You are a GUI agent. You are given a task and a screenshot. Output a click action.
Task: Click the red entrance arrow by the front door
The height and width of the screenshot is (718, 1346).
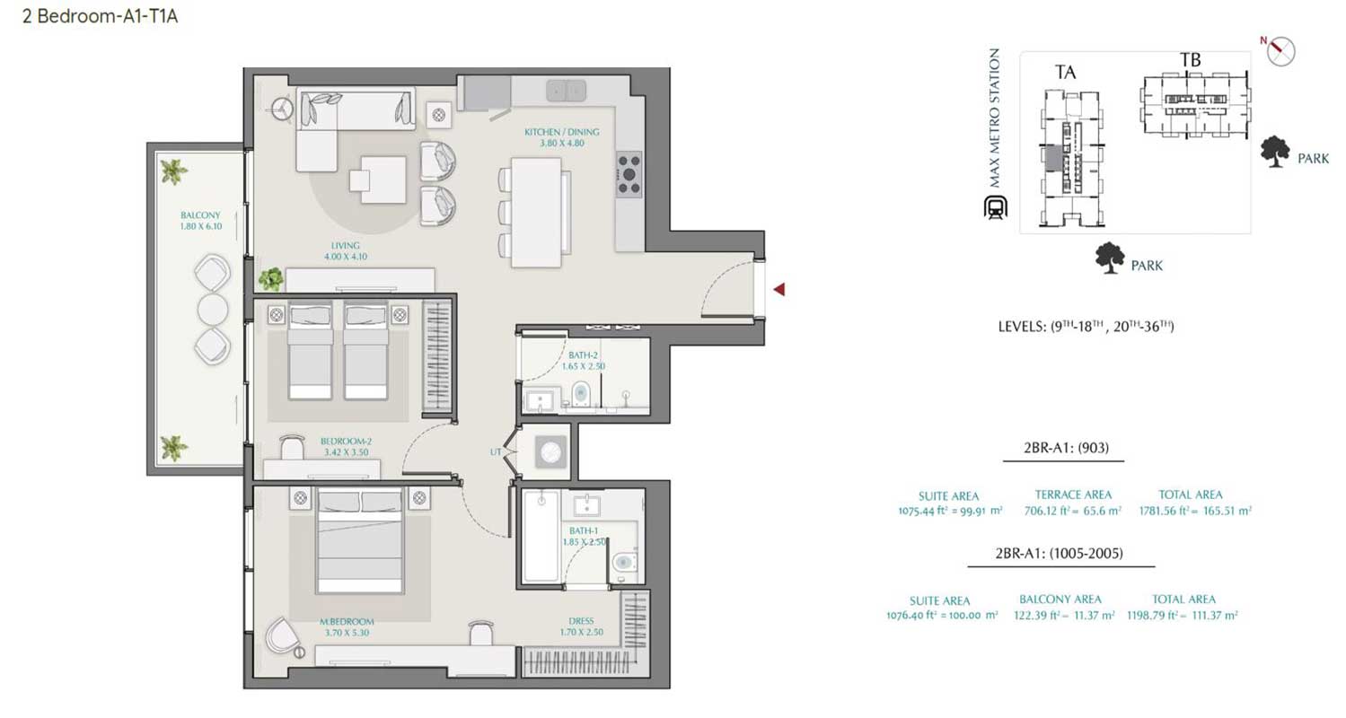[780, 289]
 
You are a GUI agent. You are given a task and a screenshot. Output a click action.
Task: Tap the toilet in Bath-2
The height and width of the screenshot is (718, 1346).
[580, 393]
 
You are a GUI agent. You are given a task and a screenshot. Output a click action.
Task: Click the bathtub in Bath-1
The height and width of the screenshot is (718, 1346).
[540, 537]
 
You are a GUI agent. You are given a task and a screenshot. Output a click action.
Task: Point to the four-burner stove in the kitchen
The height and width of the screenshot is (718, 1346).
[629, 174]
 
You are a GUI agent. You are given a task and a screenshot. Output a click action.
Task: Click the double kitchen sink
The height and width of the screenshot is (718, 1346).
[567, 90]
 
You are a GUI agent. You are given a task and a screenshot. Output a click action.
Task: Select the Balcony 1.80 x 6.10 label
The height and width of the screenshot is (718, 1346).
[200, 221]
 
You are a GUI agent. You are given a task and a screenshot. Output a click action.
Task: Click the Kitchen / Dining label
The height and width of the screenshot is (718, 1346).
[562, 137]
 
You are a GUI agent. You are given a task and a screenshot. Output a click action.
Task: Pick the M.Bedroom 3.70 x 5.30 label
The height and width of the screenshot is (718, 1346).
[347, 626]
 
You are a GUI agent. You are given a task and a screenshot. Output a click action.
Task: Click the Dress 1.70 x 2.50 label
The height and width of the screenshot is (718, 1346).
[581, 626]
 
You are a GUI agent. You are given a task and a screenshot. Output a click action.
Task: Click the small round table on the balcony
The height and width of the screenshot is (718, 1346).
[214, 309]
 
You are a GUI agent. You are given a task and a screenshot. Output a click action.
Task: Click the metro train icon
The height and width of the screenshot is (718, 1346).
[994, 208]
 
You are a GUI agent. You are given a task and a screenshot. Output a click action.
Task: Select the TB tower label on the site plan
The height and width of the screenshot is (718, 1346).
[1190, 60]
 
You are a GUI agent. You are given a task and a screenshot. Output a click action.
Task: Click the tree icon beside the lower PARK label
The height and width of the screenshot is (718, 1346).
[1111, 258]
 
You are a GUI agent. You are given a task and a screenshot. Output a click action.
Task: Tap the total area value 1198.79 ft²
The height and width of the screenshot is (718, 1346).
[1183, 616]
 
